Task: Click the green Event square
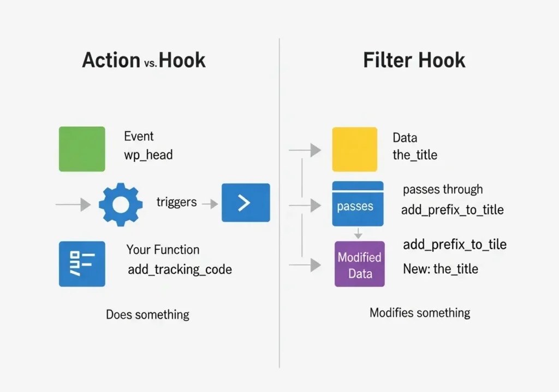82,149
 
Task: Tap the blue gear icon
121,204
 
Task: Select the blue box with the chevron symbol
245,203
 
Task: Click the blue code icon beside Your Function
82,264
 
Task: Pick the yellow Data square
354,149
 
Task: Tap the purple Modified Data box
359,264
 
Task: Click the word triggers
176,202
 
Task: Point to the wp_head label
148,155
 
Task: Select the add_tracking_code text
180,270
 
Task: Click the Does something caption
147,314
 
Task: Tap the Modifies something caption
419,313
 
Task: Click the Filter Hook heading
414,60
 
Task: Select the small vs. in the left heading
150,63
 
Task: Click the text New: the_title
440,269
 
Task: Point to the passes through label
443,189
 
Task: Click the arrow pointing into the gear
74,204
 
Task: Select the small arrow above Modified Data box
358,233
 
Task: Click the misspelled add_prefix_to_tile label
454,244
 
